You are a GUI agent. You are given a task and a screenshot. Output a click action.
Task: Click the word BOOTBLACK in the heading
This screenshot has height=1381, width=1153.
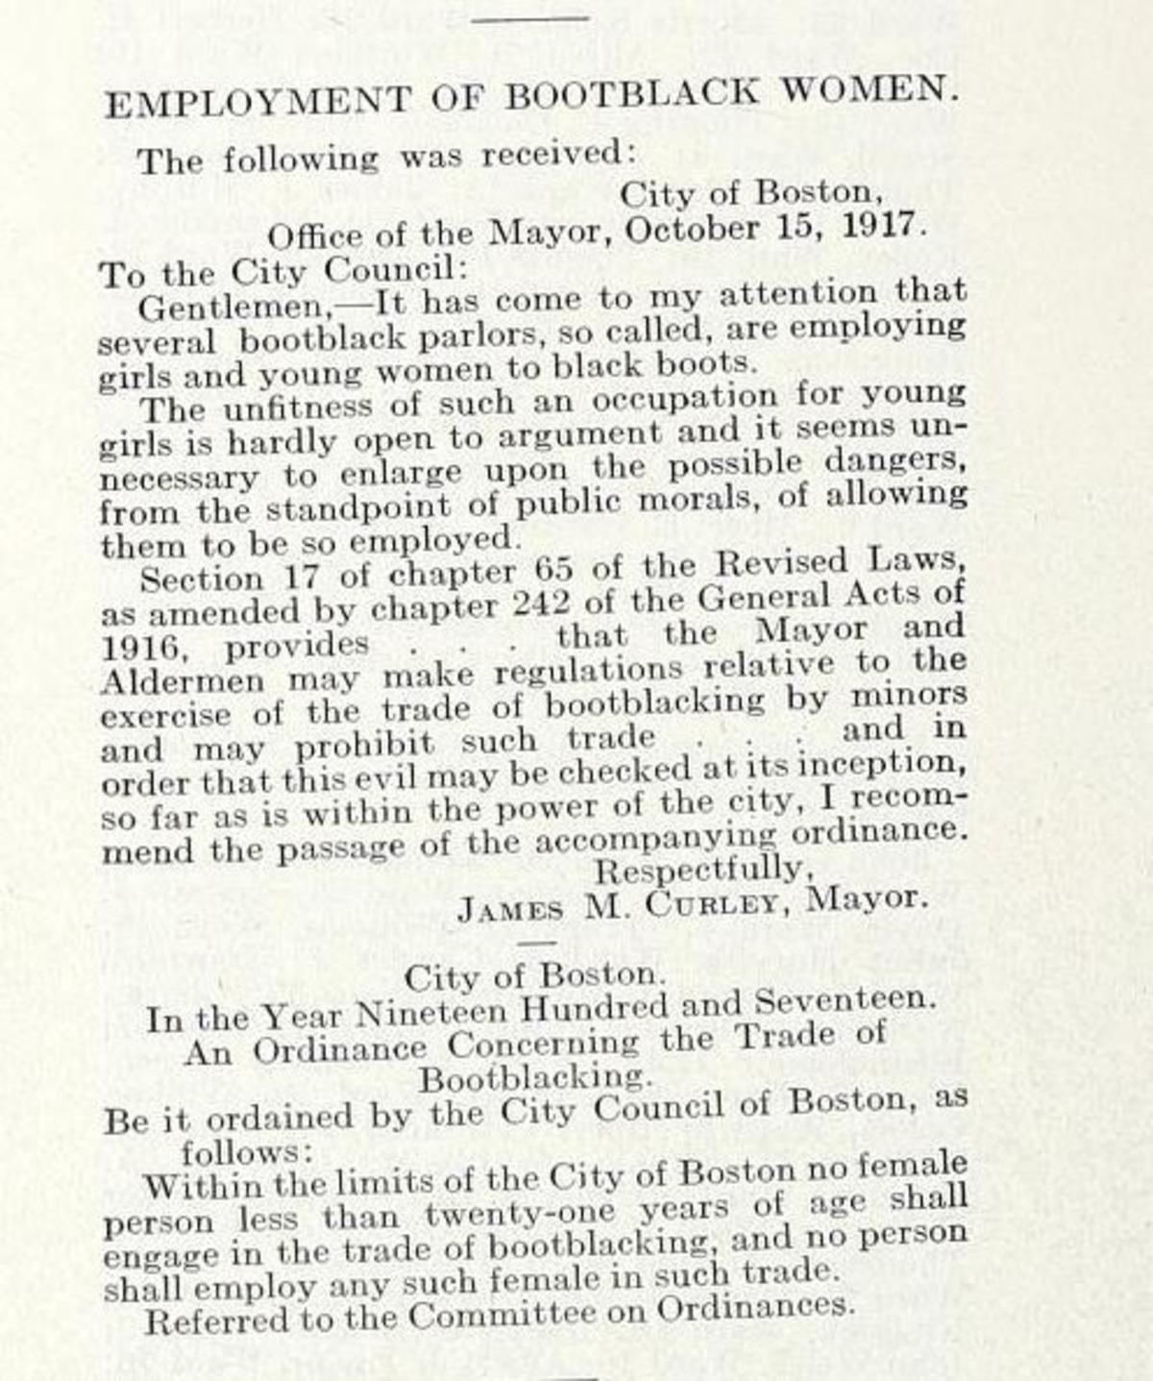click(631, 94)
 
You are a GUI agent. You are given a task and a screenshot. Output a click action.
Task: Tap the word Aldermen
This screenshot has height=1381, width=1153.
click(183, 681)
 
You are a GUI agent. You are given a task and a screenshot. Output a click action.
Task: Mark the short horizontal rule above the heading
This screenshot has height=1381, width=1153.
click(529, 17)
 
